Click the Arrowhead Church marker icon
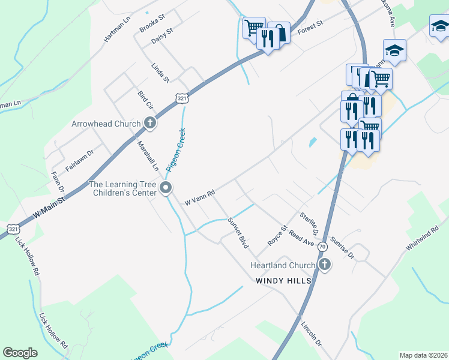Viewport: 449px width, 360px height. click(150, 124)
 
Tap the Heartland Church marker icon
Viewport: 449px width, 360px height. click(324, 265)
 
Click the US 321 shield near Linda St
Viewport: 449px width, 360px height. click(183, 98)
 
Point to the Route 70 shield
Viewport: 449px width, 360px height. click(322, 247)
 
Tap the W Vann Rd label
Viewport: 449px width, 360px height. click(200, 196)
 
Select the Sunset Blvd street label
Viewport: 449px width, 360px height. click(238, 233)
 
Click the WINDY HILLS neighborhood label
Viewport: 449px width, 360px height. click(283, 281)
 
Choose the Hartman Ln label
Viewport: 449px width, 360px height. click(117, 28)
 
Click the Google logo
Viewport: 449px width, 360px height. click(20, 353)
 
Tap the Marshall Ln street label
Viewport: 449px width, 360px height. click(146, 156)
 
